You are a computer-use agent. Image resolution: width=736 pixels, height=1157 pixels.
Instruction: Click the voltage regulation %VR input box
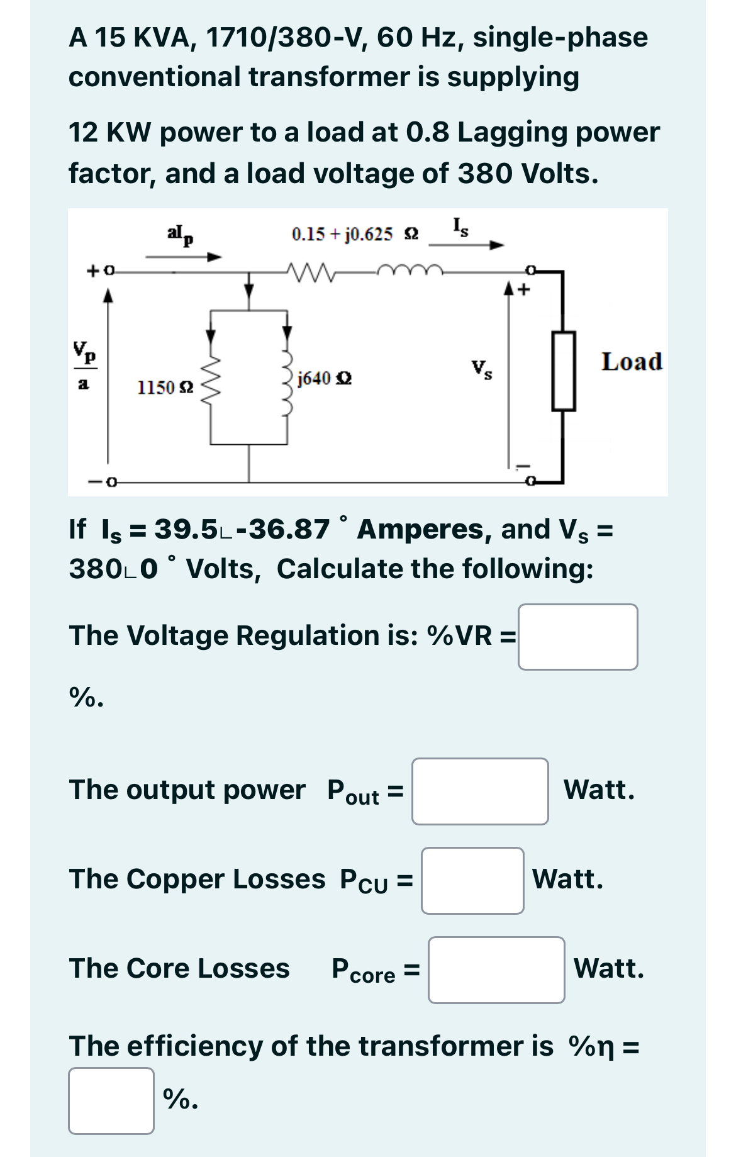coord(577,637)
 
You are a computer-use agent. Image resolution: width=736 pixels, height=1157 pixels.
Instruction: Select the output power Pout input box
coord(479,791)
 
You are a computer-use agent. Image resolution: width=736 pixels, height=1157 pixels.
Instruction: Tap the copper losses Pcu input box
coord(472,880)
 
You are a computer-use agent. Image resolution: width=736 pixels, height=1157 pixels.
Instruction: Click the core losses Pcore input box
coord(496,970)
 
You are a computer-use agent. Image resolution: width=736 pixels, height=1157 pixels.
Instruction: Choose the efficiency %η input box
coord(111,1100)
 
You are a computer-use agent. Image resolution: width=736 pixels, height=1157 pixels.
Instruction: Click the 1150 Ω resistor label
coord(165,387)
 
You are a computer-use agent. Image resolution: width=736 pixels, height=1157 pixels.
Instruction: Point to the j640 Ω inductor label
coord(324,378)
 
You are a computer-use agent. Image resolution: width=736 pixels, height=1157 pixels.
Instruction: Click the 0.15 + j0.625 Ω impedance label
coord(355,235)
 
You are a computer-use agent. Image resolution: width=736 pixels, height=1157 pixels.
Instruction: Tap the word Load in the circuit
coord(632,362)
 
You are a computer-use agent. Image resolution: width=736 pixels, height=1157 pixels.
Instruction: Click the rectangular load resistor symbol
coord(563,371)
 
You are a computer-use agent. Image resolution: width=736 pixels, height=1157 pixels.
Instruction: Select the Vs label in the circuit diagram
coord(482,369)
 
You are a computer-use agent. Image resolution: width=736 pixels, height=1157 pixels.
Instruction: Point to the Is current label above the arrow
coord(460,226)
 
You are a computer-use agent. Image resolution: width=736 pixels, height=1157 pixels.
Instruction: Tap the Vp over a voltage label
coord(84,365)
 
